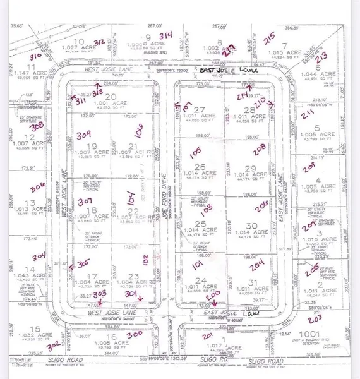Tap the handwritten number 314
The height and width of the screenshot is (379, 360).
click(x=166, y=35)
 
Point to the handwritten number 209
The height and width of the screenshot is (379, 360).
click(x=309, y=168)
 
